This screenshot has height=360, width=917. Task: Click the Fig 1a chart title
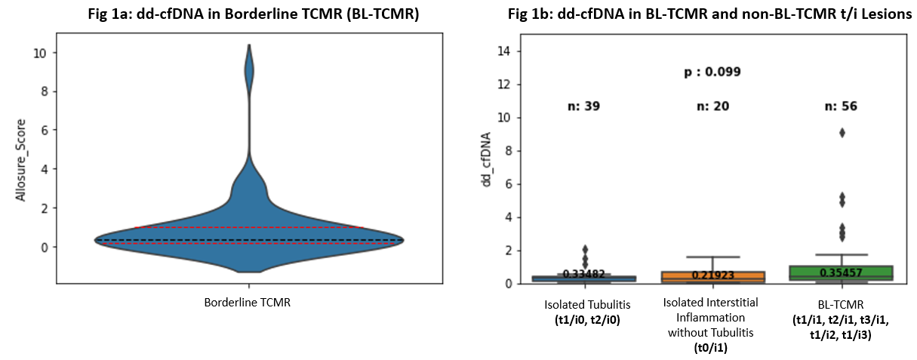(248, 15)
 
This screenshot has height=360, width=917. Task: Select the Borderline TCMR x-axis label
(248, 303)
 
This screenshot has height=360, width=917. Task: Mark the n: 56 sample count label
(841, 106)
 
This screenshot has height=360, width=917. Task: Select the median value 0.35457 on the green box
(841, 272)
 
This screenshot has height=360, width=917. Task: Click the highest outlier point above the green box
(842, 133)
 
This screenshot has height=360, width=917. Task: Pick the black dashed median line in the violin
(248, 240)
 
